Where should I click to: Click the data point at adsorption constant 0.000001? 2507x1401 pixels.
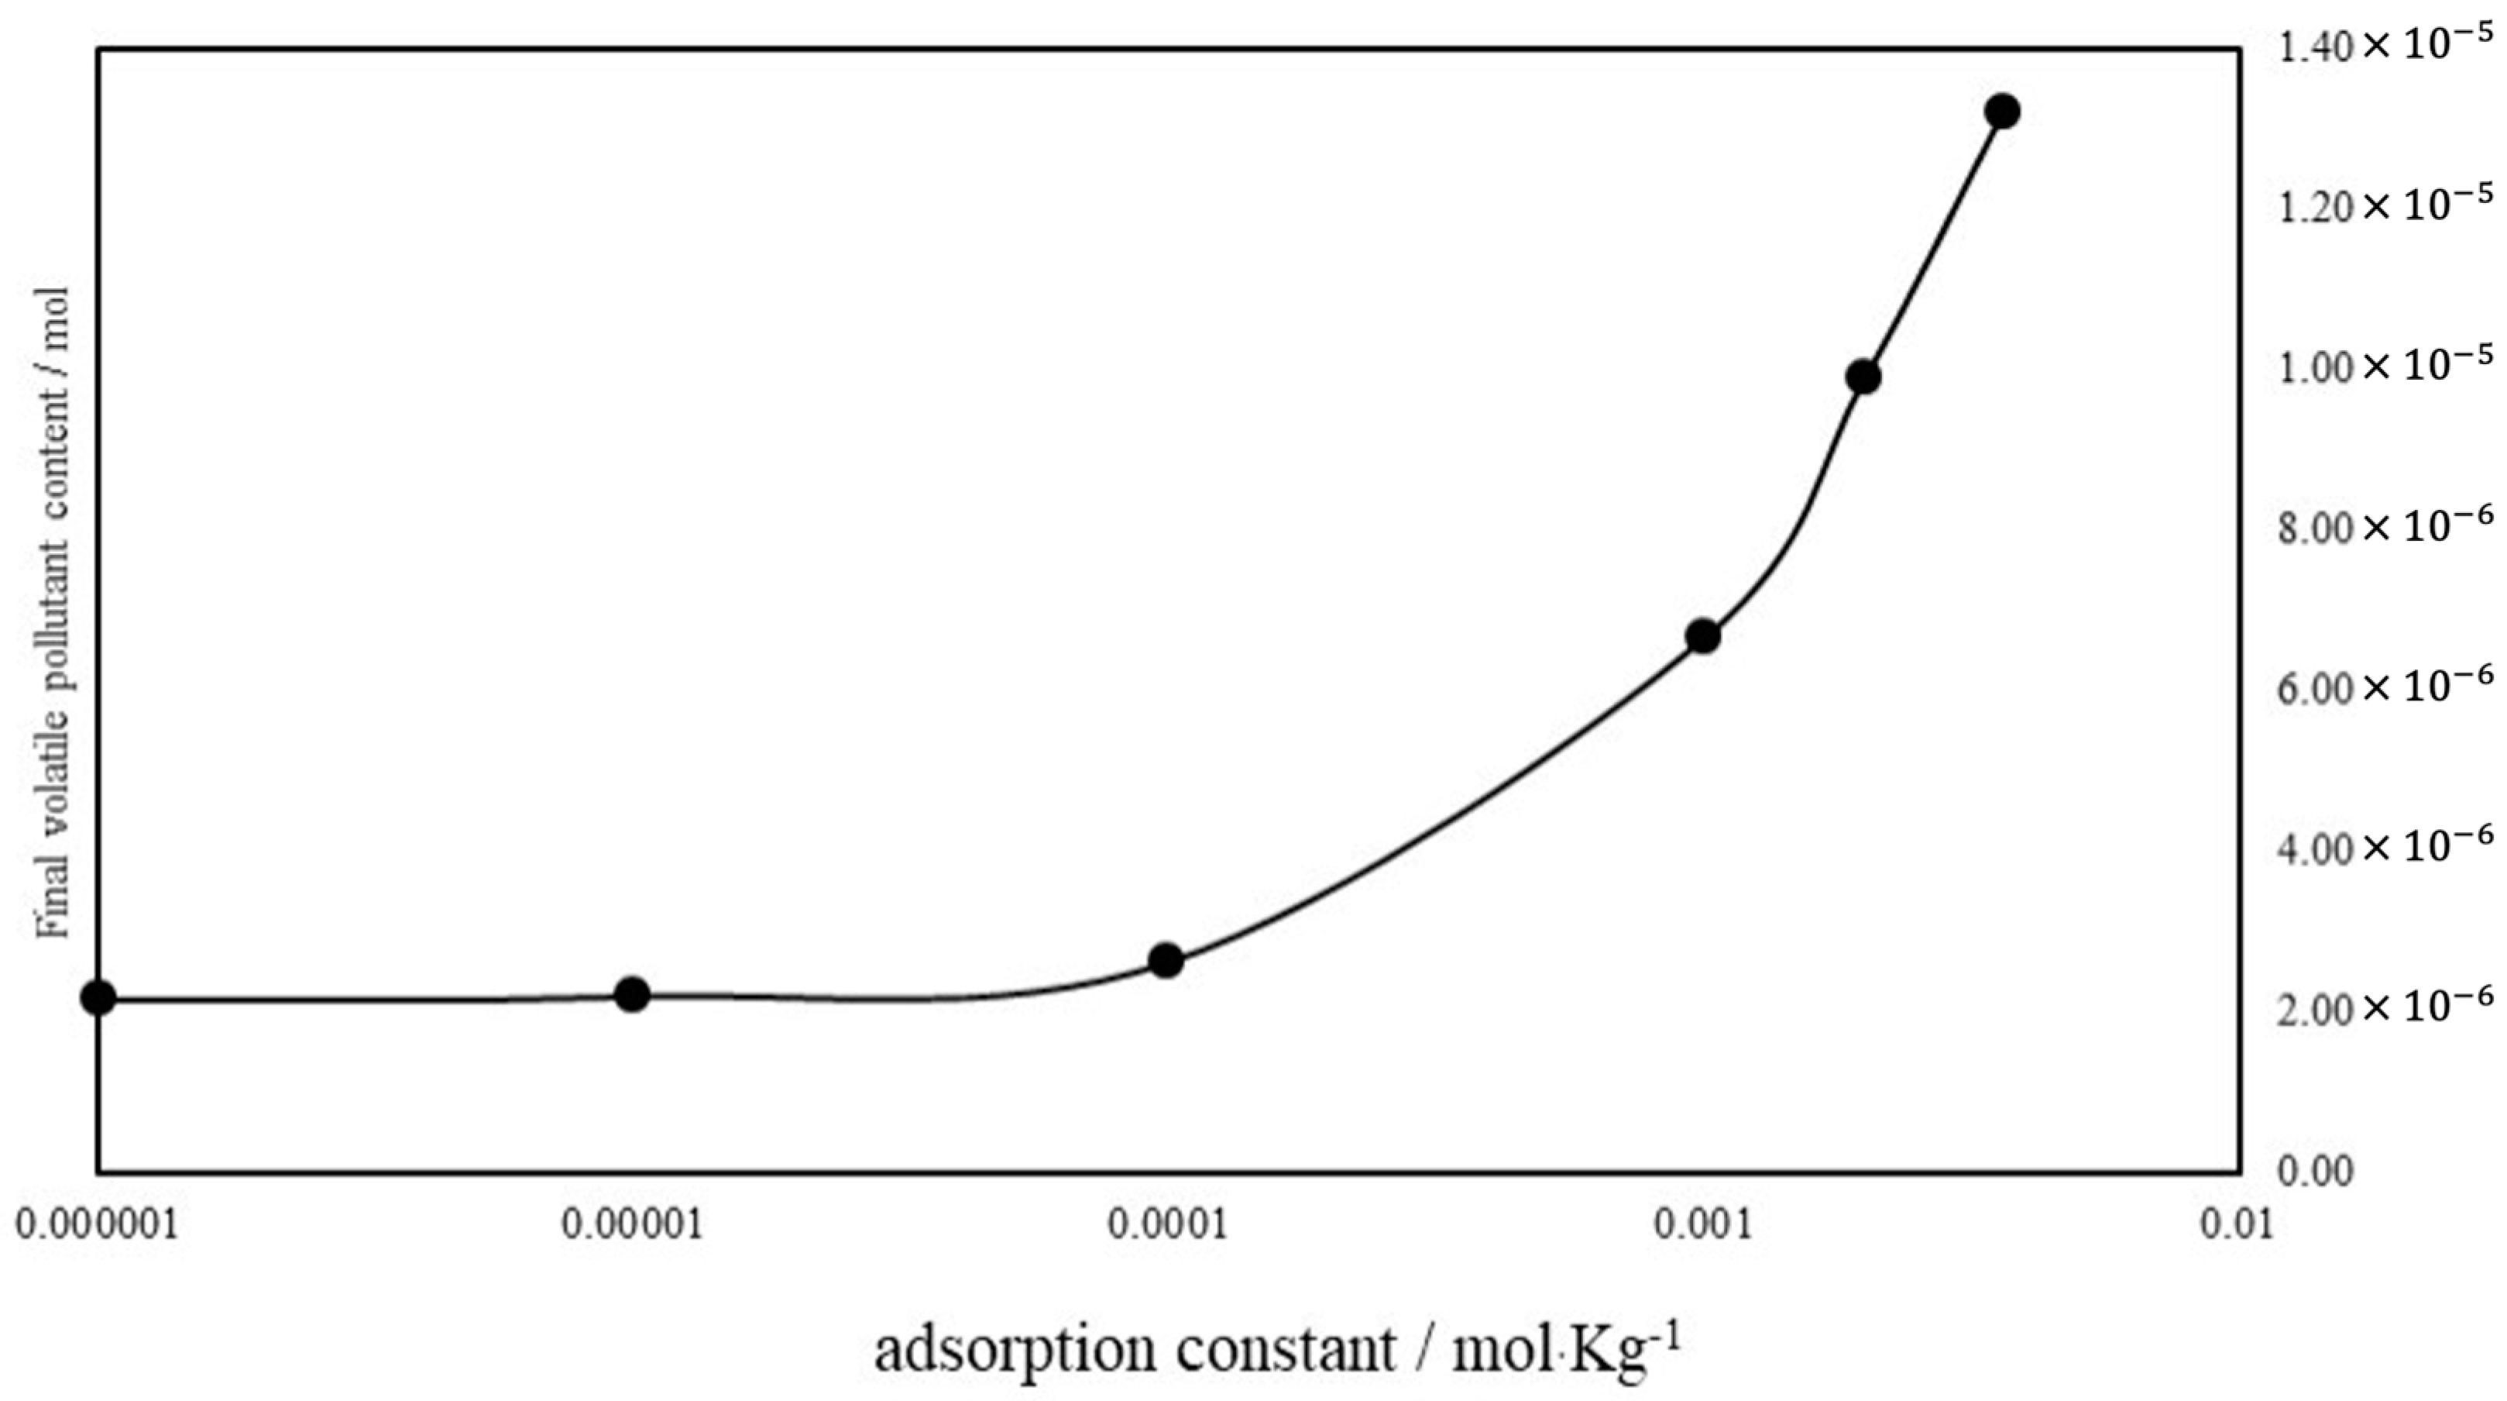98,997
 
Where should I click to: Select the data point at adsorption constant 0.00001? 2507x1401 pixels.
633,994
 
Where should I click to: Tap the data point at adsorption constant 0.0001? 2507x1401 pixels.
1166,961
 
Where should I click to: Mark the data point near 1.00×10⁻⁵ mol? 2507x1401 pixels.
1863,377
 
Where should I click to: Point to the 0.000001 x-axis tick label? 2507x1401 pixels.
98,1224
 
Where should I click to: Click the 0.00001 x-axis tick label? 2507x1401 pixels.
633,1224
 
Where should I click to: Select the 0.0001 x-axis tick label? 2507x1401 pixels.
1167,1224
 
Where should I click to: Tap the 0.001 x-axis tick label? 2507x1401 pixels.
1703,1224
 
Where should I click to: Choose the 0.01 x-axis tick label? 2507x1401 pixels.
2237,1224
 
